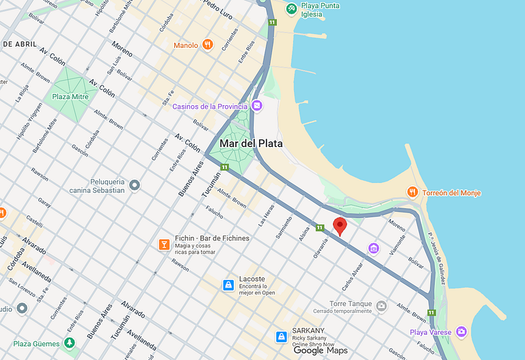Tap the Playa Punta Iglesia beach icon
[292, 8]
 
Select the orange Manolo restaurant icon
[207, 45]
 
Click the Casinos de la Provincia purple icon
[256, 106]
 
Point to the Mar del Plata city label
[251, 143]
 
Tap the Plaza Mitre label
[70, 97]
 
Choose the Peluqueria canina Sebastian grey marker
[135, 185]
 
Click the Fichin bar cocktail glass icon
[163, 244]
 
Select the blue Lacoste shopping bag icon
[228, 285]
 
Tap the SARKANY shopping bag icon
[281, 336]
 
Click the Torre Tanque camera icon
[381, 305]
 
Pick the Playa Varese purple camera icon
[461, 332]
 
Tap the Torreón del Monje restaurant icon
[412, 193]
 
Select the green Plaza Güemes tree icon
[68, 343]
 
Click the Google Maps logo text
[321, 350]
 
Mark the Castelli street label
[34, 220]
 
